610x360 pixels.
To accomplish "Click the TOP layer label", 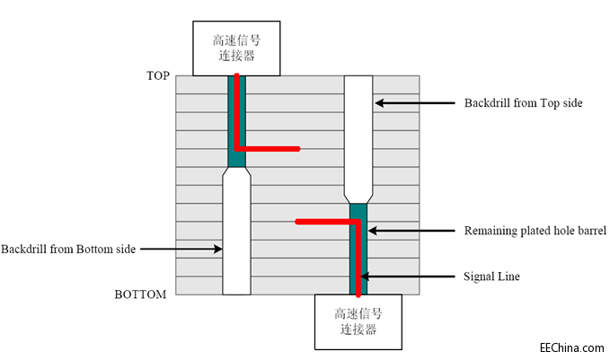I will [x=157, y=75].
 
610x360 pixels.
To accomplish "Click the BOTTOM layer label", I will [x=140, y=294].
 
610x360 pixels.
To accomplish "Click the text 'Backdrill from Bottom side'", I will [x=68, y=249].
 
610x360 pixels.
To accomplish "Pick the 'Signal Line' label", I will [x=492, y=277].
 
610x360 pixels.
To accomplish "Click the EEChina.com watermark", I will [x=570, y=347].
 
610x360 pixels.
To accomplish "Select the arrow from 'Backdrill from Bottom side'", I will [x=181, y=249].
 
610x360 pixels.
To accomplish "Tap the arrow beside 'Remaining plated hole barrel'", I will [x=413, y=231].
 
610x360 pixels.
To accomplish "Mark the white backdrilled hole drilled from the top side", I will [x=358, y=135].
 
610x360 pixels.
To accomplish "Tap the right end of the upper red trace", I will [x=297, y=149].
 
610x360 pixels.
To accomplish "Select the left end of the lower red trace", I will [x=297, y=220].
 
